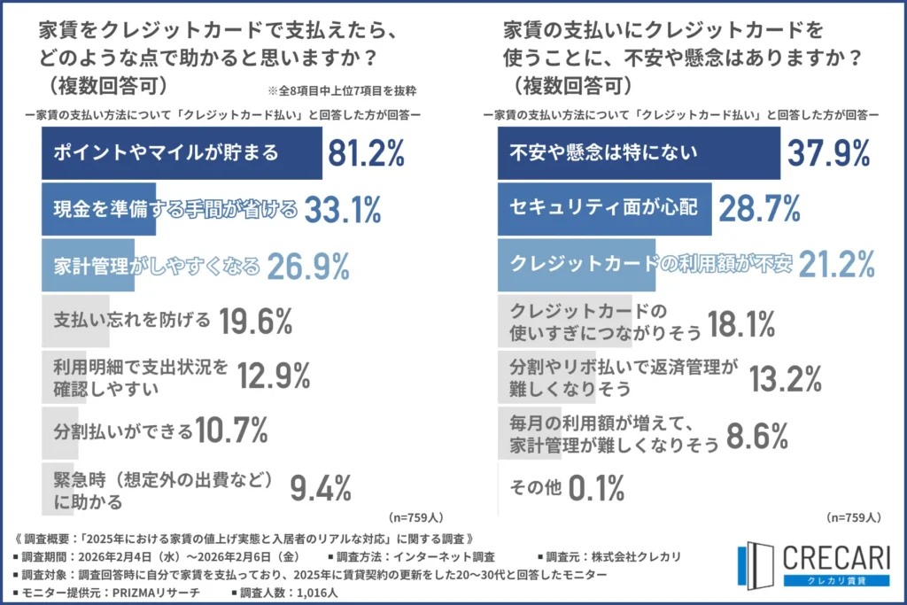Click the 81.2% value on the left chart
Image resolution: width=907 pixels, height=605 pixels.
click(366, 153)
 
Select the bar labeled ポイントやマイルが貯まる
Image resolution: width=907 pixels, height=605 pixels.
click(182, 153)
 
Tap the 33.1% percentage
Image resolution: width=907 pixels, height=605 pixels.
click(343, 209)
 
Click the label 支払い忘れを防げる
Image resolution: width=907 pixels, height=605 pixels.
click(132, 319)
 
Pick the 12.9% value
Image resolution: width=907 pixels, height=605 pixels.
click(273, 376)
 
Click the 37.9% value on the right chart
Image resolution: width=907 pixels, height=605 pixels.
click(831, 153)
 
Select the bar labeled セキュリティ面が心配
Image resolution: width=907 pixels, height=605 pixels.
click(601, 208)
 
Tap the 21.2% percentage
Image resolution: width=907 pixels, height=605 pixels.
click(836, 263)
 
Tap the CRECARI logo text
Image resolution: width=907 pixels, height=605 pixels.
click(837, 557)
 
